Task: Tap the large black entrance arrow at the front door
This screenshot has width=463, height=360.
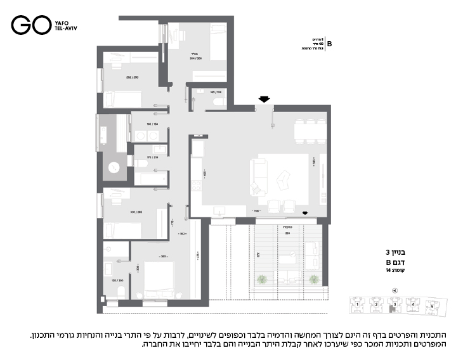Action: tap(264, 98)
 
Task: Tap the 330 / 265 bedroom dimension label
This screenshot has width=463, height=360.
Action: tap(136, 212)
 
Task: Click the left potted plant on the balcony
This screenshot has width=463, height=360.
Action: tap(267, 279)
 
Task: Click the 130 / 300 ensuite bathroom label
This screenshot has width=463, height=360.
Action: tap(117, 280)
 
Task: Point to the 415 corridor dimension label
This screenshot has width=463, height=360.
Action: tap(199, 256)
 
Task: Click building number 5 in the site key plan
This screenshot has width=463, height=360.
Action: tap(433, 305)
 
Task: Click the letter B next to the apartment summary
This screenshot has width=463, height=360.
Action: tap(329, 44)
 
